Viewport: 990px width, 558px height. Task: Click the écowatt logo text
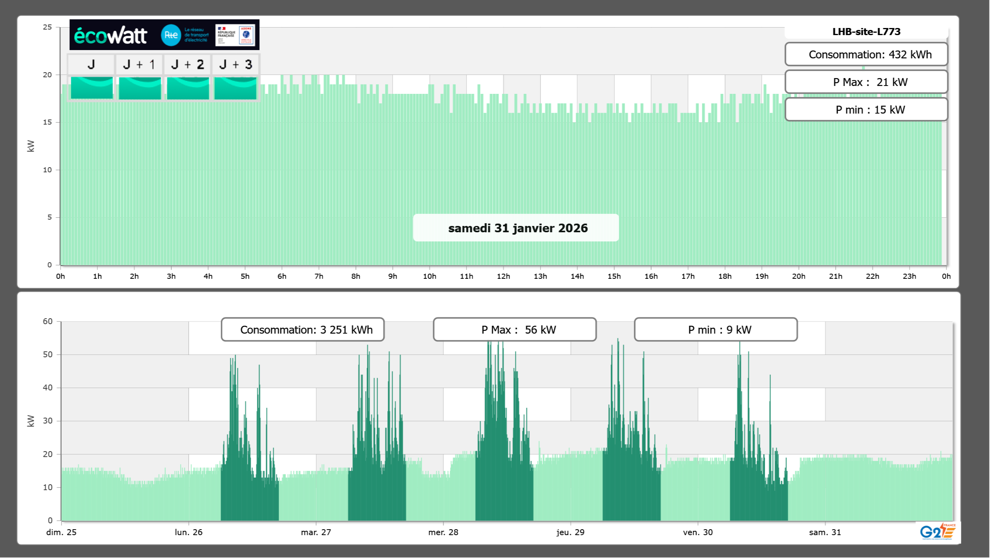click(110, 35)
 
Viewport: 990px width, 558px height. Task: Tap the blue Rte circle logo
click(171, 35)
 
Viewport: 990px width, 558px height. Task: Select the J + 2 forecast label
click(188, 64)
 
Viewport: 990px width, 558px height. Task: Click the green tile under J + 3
click(235, 88)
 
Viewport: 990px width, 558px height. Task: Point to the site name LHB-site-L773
click(866, 32)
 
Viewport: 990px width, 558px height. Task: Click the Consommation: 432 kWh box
click(866, 54)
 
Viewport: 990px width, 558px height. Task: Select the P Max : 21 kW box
click(866, 82)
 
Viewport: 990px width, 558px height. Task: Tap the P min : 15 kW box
click(866, 110)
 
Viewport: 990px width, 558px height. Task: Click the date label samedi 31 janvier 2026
click(517, 228)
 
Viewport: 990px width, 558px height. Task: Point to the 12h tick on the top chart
click(503, 276)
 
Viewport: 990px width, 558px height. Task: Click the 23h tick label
click(909, 276)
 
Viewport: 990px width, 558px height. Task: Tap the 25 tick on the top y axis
click(47, 27)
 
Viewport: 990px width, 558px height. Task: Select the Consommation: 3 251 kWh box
click(303, 330)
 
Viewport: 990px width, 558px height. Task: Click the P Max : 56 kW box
click(515, 330)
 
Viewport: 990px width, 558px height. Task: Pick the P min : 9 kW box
click(716, 330)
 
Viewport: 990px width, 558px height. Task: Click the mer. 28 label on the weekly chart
click(443, 532)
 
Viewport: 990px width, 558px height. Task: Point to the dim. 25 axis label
click(62, 532)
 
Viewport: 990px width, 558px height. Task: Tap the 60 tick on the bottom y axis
click(48, 321)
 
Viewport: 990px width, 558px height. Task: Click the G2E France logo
click(938, 532)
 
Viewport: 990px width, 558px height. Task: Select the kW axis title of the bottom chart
click(31, 421)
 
